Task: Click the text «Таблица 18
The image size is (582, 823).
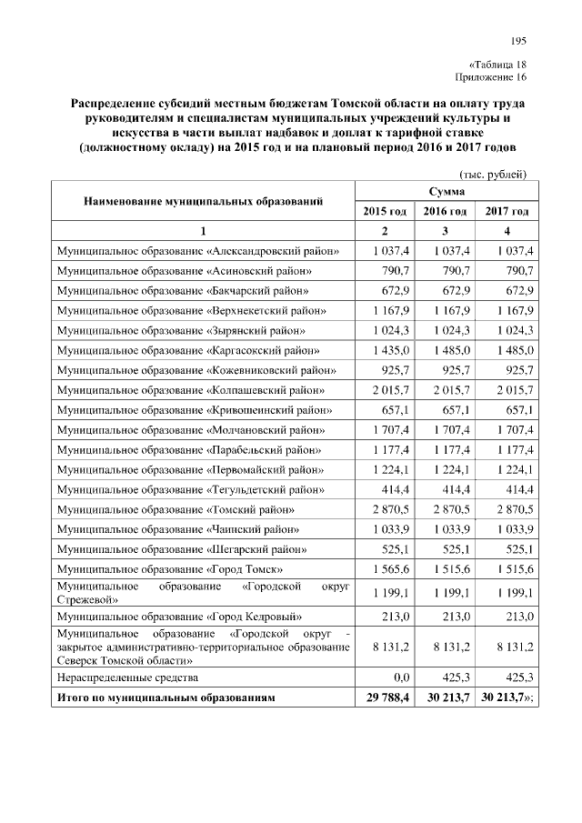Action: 497,65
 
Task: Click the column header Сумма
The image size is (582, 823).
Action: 446,192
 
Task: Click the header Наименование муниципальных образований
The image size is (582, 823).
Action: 204,201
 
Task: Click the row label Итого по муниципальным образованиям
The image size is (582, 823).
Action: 166,698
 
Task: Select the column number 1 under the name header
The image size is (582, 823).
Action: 204,230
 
